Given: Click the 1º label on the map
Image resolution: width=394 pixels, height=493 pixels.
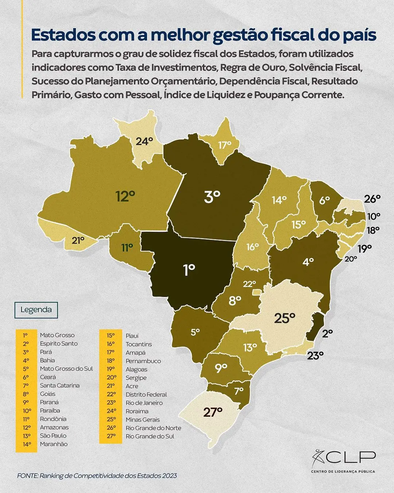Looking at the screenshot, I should (189, 270).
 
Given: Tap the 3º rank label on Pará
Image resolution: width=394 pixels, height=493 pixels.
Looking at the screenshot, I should (212, 197).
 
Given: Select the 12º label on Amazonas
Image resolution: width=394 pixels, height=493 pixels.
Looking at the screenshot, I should (125, 196).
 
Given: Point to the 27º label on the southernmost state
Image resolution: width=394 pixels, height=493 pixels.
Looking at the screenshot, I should (213, 413).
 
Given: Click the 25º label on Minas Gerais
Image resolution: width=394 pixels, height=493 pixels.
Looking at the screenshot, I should (284, 319).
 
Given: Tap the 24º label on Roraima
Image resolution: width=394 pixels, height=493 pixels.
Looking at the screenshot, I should (144, 141).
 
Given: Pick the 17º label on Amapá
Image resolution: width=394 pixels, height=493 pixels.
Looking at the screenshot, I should (225, 145).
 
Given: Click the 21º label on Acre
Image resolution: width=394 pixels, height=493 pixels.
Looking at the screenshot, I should (78, 240).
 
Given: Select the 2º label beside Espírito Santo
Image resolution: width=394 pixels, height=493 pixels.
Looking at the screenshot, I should (327, 333).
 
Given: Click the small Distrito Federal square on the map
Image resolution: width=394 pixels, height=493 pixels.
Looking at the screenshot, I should (257, 292).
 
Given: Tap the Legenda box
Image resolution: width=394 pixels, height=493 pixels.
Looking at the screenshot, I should (36, 310).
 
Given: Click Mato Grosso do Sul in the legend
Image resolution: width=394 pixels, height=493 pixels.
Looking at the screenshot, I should (66, 369).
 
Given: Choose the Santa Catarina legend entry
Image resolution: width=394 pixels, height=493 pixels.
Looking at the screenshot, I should (59, 385).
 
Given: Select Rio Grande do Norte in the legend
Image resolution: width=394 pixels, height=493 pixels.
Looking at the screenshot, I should (153, 428).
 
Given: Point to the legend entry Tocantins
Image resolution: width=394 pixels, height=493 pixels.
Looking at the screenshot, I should (139, 344).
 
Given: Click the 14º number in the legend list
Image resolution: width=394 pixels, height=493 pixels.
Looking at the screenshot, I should (27, 444).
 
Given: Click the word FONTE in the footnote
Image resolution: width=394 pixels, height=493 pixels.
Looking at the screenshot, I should (27, 476).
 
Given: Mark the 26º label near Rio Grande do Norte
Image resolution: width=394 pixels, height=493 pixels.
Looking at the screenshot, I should (372, 199).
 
